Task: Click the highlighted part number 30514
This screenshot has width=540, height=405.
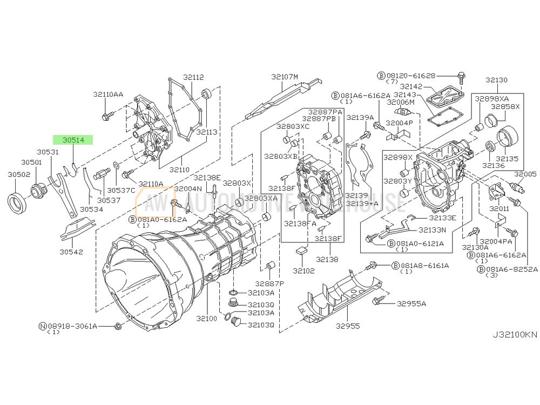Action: click(73, 140)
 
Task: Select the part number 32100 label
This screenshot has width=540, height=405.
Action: click(207, 319)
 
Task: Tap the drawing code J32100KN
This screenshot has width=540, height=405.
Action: click(514, 334)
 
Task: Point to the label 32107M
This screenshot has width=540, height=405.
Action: click(285, 77)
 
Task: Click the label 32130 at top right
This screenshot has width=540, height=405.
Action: click(496, 80)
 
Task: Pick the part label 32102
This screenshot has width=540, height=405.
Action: click(303, 270)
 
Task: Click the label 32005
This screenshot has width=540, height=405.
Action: click(525, 174)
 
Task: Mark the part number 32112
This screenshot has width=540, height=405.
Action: click(193, 77)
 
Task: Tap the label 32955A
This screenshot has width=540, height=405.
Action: click(411, 303)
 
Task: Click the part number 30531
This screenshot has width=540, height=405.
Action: click(48, 153)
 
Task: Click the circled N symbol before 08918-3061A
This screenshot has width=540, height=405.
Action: click(42, 326)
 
